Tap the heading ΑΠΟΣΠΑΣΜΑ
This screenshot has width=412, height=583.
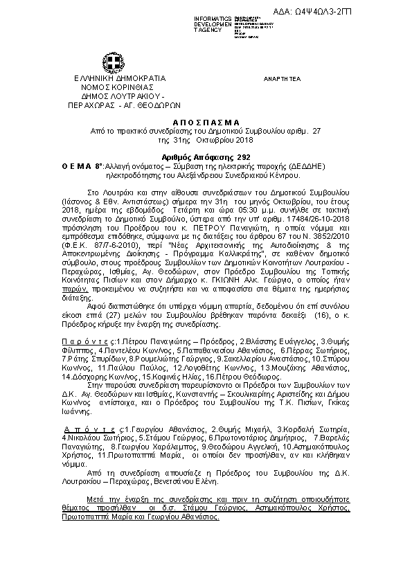click(206, 121)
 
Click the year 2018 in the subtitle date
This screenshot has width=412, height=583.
click(248, 139)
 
